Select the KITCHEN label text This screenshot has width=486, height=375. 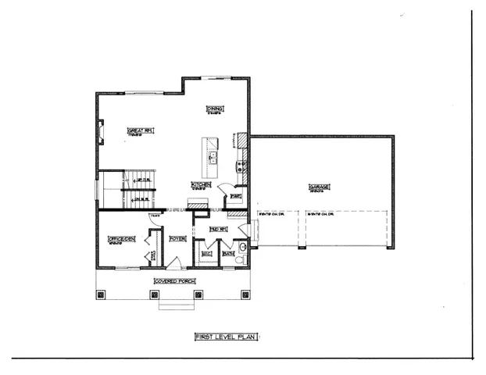pos(200,184)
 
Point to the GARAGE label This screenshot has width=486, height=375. pos(319,187)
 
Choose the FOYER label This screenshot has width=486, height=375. pos(177,238)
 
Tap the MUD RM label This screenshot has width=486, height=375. pos(218,229)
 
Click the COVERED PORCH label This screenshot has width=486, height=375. pos(174,280)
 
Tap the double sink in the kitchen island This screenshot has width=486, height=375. pos(212,155)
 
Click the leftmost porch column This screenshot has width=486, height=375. pos(101,295)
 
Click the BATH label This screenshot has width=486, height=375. pos(229,254)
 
